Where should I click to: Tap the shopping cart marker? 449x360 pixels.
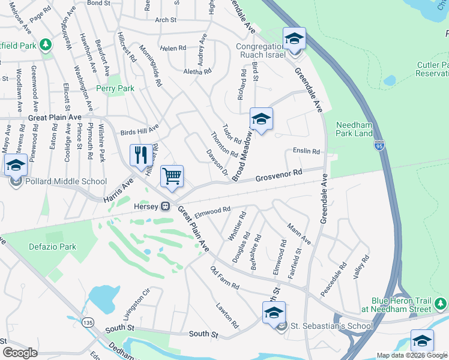[x=172, y=176]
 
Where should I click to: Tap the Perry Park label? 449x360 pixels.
[x=115, y=88]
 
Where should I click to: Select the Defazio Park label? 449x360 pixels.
[x=52, y=247]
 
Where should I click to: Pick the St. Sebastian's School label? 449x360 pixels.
[x=331, y=326]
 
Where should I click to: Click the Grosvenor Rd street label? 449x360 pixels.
[x=278, y=175]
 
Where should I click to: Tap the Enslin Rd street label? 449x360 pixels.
[x=306, y=151]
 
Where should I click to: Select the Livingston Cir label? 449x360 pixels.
[x=135, y=305]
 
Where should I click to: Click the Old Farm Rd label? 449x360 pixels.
[x=224, y=277]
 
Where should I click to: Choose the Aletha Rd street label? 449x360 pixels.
[x=197, y=71]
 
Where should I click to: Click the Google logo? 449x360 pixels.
[x=20, y=352]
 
